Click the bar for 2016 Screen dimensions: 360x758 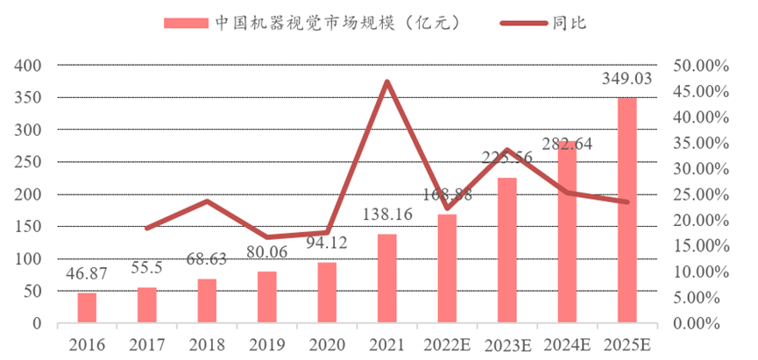(87, 307)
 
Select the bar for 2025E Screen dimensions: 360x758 (627, 210)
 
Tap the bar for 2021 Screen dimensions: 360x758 (386, 279)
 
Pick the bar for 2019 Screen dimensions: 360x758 (266, 297)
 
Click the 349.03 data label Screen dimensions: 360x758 (627, 79)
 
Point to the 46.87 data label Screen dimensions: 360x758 (87, 276)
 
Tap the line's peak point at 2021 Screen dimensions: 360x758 (386, 82)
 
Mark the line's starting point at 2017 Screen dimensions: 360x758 (146, 229)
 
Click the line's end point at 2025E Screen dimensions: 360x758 (627, 202)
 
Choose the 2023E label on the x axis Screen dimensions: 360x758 (507, 344)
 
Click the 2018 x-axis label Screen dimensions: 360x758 (207, 344)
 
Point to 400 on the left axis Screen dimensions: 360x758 (30, 66)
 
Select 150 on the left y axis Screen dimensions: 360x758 (30, 227)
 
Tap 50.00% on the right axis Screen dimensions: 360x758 (696, 66)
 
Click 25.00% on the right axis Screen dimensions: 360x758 (696, 194)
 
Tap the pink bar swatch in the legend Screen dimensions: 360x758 (185, 23)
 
